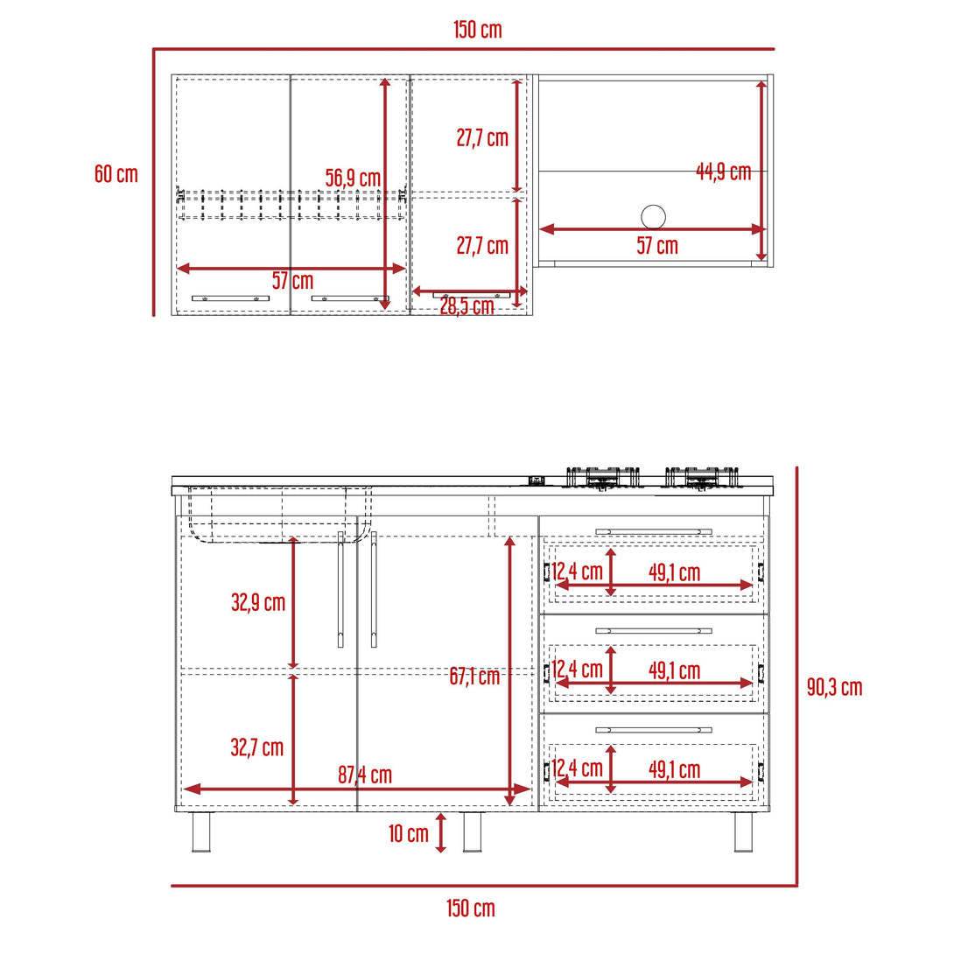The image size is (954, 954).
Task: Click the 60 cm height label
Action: point(116,174)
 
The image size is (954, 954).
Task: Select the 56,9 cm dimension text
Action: point(353,178)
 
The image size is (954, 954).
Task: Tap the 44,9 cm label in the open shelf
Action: point(723,172)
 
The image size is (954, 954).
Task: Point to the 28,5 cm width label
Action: point(466,307)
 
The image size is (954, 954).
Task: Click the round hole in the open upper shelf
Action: point(653,216)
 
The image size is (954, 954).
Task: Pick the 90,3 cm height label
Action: point(834,687)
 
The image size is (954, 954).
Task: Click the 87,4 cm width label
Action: point(365,775)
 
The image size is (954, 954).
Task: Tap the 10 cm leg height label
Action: point(409,833)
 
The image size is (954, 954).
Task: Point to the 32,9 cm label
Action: point(258,602)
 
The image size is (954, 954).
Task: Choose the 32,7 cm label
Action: point(257,747)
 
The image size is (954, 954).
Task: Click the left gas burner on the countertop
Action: point(603,477)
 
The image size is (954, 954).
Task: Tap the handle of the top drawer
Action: point(653,531)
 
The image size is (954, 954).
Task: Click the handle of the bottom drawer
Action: point(653,729)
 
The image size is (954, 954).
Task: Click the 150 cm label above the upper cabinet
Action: point(478,30)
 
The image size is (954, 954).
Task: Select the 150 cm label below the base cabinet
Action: point(471,908)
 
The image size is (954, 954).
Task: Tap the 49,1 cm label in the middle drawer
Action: point(674,671)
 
